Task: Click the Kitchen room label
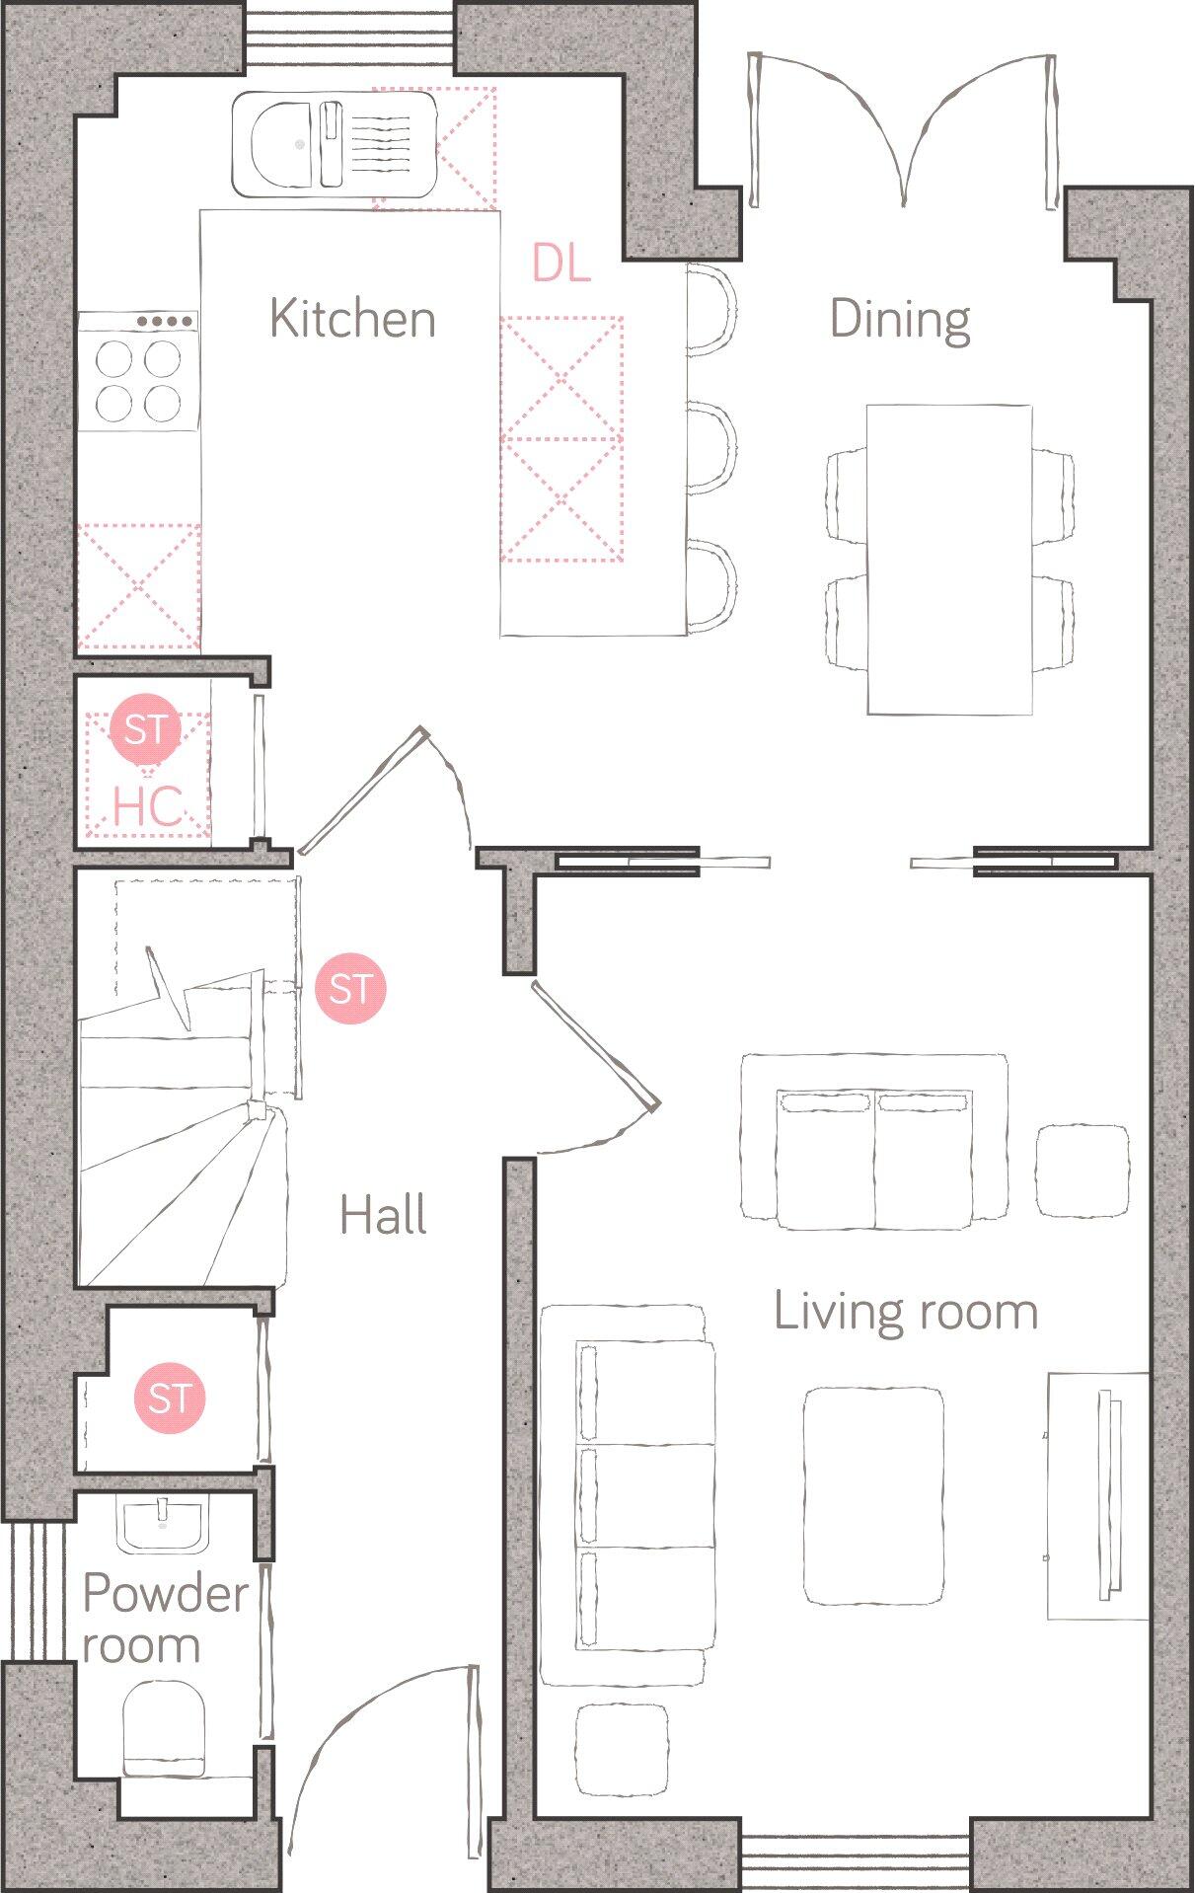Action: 352,319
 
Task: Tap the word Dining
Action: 899,319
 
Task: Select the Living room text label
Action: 905,1312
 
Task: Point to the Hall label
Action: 383,1215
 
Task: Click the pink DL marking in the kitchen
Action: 560,264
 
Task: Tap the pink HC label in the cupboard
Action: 147,806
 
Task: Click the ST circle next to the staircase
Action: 350,988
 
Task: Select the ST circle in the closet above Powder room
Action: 170,1398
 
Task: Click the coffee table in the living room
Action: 873,1496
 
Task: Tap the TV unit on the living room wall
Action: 1098,1494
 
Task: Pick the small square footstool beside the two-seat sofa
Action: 1083,1172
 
